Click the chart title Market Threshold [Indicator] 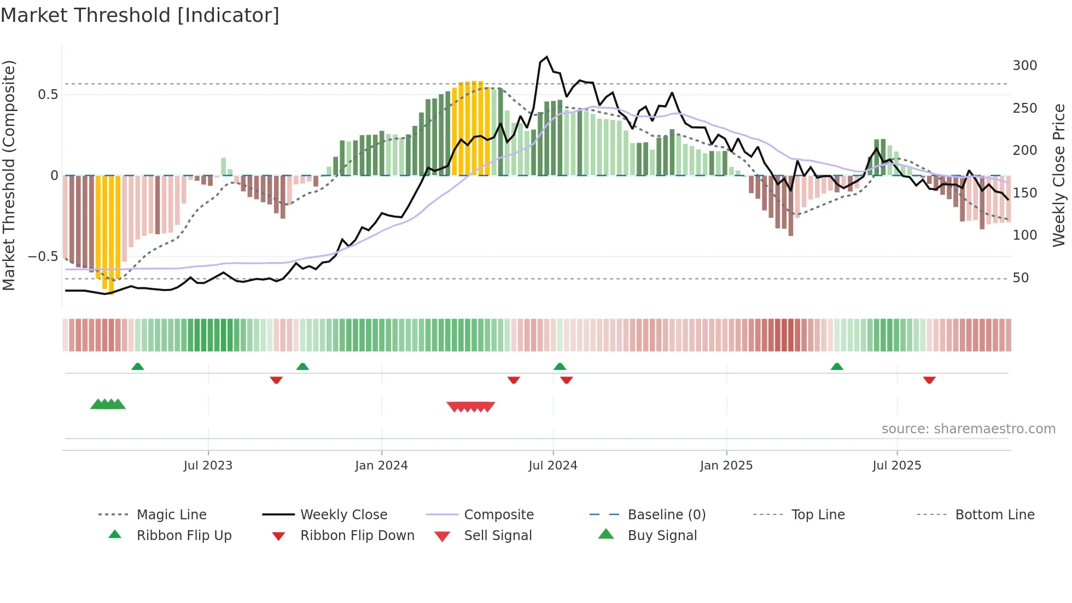click(140, 15)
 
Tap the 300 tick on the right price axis click(1024, 66)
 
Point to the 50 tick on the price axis click(1020, 278)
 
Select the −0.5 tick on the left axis click(43, 257)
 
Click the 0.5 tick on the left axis click(48, 95)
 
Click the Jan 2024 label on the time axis click(381, 466)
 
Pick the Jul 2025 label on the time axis click(896, 466)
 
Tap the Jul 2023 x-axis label click(208, 466)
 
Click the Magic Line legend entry click(171, 515)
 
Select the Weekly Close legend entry click(343, 515)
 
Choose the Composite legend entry click(498, 515)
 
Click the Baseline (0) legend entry click(666, 515)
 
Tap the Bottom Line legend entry click(994, 515)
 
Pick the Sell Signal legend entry click(497, 536)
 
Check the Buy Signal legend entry click(662, 536)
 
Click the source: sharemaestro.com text click(968, 429)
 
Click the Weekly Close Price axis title click(1059, 175)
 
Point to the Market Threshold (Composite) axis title click(9, 175)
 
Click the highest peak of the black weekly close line click(546, 57)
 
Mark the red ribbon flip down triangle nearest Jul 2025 click(929, 380)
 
